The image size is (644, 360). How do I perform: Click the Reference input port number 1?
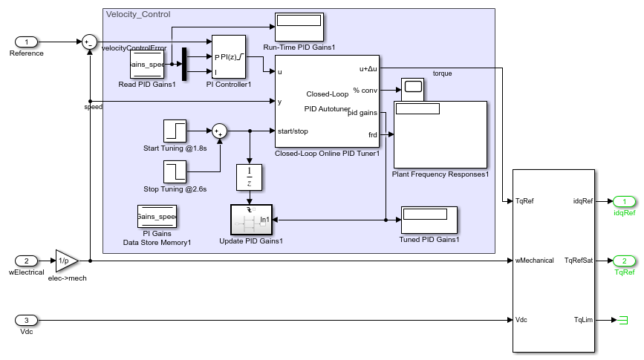27,42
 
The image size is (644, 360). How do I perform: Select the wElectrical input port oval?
27,261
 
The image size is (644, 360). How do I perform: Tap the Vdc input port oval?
27,320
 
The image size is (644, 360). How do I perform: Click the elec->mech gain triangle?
65,261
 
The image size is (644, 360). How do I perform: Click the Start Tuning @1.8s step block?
175,131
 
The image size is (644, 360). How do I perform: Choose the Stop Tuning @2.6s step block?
175,171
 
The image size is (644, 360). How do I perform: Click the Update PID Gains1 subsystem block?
251,220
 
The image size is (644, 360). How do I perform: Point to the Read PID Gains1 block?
147,64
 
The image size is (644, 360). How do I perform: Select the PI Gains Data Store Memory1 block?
157,217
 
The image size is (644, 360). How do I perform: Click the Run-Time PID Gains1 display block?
299,27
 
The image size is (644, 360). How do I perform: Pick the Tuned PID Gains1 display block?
429,220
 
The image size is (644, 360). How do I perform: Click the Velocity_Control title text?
138,14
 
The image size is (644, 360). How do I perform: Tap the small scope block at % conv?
412,89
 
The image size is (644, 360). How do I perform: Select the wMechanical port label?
534,261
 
